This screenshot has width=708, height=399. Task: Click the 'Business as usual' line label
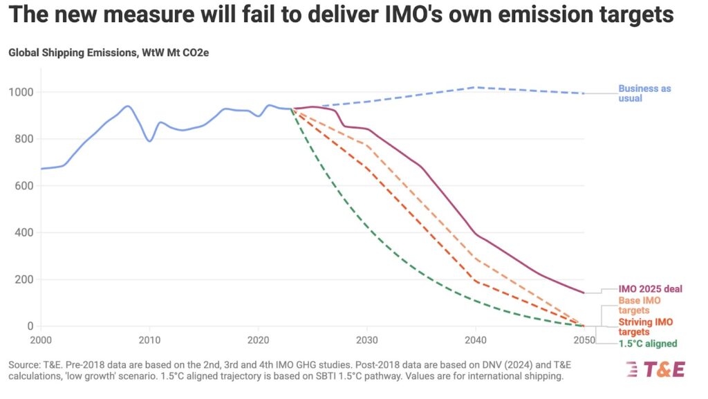pyautogui.click(x=644, y=93)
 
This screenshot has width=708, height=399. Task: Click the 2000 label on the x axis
pyautogui.click(x=41, y=340)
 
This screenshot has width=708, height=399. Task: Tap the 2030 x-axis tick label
pyautogui.click(x=366, y=340)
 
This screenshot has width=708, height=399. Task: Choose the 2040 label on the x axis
pyautogui.click(x=475, y=340)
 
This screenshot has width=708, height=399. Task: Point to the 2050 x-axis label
pyautogui.click(x=583, y=340)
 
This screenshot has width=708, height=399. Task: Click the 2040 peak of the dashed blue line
pyautogui.click(x=475, y=87)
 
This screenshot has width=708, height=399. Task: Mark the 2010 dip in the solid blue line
pyautogui.click(x=149, y=141)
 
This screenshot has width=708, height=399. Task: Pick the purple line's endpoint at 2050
pyautogui.click(x=584, y=293)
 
